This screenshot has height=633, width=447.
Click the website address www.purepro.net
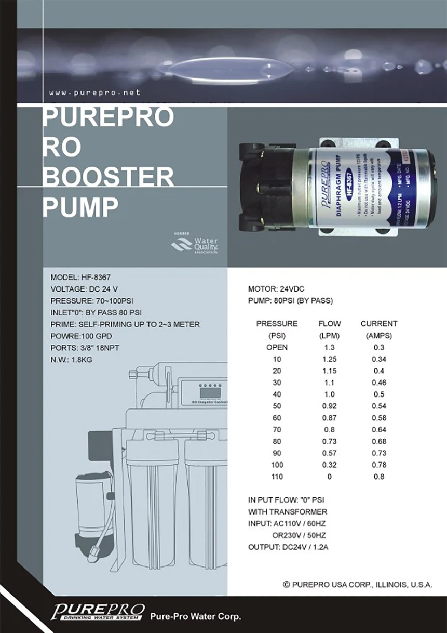(95, 93)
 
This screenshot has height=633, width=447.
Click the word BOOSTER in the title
(108, 178)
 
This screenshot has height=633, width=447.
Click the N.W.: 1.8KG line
(71, 360)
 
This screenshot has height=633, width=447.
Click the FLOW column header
(329, 324)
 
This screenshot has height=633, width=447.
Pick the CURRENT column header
(379, 324)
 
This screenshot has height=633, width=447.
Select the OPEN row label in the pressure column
(277, 348)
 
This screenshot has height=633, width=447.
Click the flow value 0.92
(329, 406)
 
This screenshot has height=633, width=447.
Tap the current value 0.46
(379, 383)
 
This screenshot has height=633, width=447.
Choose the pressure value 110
(277, 477)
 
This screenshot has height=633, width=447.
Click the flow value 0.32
(329, 465)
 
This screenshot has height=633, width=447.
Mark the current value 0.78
(379, 465)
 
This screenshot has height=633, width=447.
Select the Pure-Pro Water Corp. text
(195, 617)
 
